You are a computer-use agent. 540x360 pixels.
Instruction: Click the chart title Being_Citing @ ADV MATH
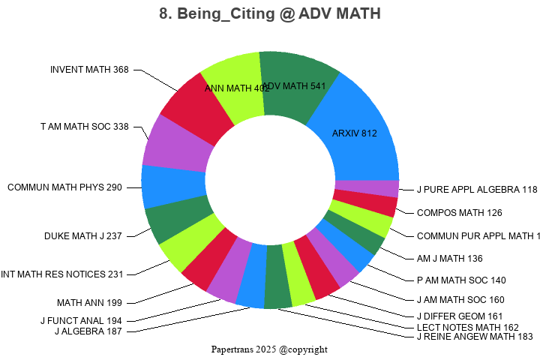click(270, 13)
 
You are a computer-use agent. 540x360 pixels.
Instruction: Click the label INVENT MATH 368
click(89, 70)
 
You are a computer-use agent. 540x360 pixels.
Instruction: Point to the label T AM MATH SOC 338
click(85, 127)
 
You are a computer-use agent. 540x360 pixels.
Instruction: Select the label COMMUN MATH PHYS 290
click(64, 187)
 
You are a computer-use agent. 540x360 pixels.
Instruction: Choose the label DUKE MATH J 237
click(83, 236)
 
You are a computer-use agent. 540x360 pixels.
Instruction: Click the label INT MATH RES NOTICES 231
click(61, 274)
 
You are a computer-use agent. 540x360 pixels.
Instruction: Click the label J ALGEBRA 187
click(88, 331)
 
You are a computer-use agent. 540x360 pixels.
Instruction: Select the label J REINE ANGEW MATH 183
click(474, 337)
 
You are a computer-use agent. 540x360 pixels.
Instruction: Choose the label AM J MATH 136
click(450, 258)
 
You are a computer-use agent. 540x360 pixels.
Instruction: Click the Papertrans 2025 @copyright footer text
click(269, 349)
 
